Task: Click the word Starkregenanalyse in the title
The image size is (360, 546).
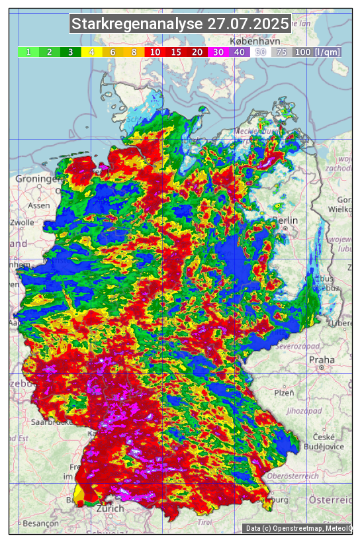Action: (137, 24)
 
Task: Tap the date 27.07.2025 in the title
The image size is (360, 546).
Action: (248, 24)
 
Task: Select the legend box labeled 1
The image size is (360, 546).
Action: (28, 52)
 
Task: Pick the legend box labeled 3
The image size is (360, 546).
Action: (70, 52)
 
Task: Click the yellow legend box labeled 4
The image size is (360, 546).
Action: (91, 52)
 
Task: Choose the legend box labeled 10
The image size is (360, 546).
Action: (155, 52)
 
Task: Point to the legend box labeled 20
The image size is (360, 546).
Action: (197, 52)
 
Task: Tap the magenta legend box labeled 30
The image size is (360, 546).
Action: (218, 52)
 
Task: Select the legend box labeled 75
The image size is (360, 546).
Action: (282, 52)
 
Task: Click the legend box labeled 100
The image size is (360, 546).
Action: (303, 52)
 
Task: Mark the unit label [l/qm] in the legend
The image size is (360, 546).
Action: (328, 52)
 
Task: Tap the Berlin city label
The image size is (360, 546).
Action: (285, 220)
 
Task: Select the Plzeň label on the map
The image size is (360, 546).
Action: (284, 392)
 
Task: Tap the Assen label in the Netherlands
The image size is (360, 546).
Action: (39, 205)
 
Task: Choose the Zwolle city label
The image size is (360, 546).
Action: (21, 222)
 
